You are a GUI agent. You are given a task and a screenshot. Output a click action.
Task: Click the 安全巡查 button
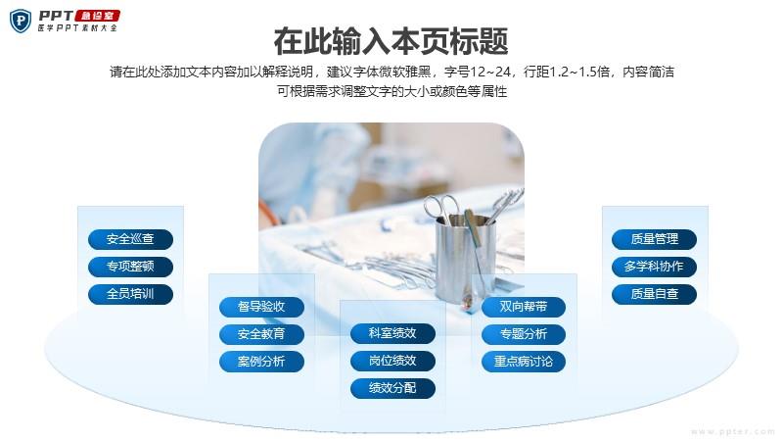pos(130,239)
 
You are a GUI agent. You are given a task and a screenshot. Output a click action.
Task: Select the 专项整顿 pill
pos(130,267)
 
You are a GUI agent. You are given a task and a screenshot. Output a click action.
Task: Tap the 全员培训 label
pos(130,294)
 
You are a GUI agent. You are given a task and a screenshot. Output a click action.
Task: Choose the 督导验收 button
pos(261,307)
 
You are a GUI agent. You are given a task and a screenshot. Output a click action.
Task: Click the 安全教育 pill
pos(261,334)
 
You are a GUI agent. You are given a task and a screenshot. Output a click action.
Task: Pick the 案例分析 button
pos(261,362)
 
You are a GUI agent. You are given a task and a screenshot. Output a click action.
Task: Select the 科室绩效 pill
pos(392,333)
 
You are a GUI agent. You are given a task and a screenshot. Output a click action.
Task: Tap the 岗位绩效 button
pos(392,361)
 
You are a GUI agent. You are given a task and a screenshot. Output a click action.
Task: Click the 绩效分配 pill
pos(392,388)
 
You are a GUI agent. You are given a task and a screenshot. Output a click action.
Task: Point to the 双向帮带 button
pos(524,307)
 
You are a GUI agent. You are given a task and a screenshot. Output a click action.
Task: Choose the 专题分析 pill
pos(524,334)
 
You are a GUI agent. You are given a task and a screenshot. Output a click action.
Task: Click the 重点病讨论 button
pos(524,362)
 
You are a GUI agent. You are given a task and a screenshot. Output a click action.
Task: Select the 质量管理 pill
pos(654,239)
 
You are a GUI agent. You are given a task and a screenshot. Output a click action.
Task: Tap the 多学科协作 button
pos(654,267)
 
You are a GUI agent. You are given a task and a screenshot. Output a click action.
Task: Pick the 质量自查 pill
pos(654,294)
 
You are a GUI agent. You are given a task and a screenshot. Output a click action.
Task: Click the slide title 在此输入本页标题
pos(391,41)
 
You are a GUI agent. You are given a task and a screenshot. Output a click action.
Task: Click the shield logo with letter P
pos(21,21)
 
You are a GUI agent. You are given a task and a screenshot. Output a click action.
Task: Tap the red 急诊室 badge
pos(97,16)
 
